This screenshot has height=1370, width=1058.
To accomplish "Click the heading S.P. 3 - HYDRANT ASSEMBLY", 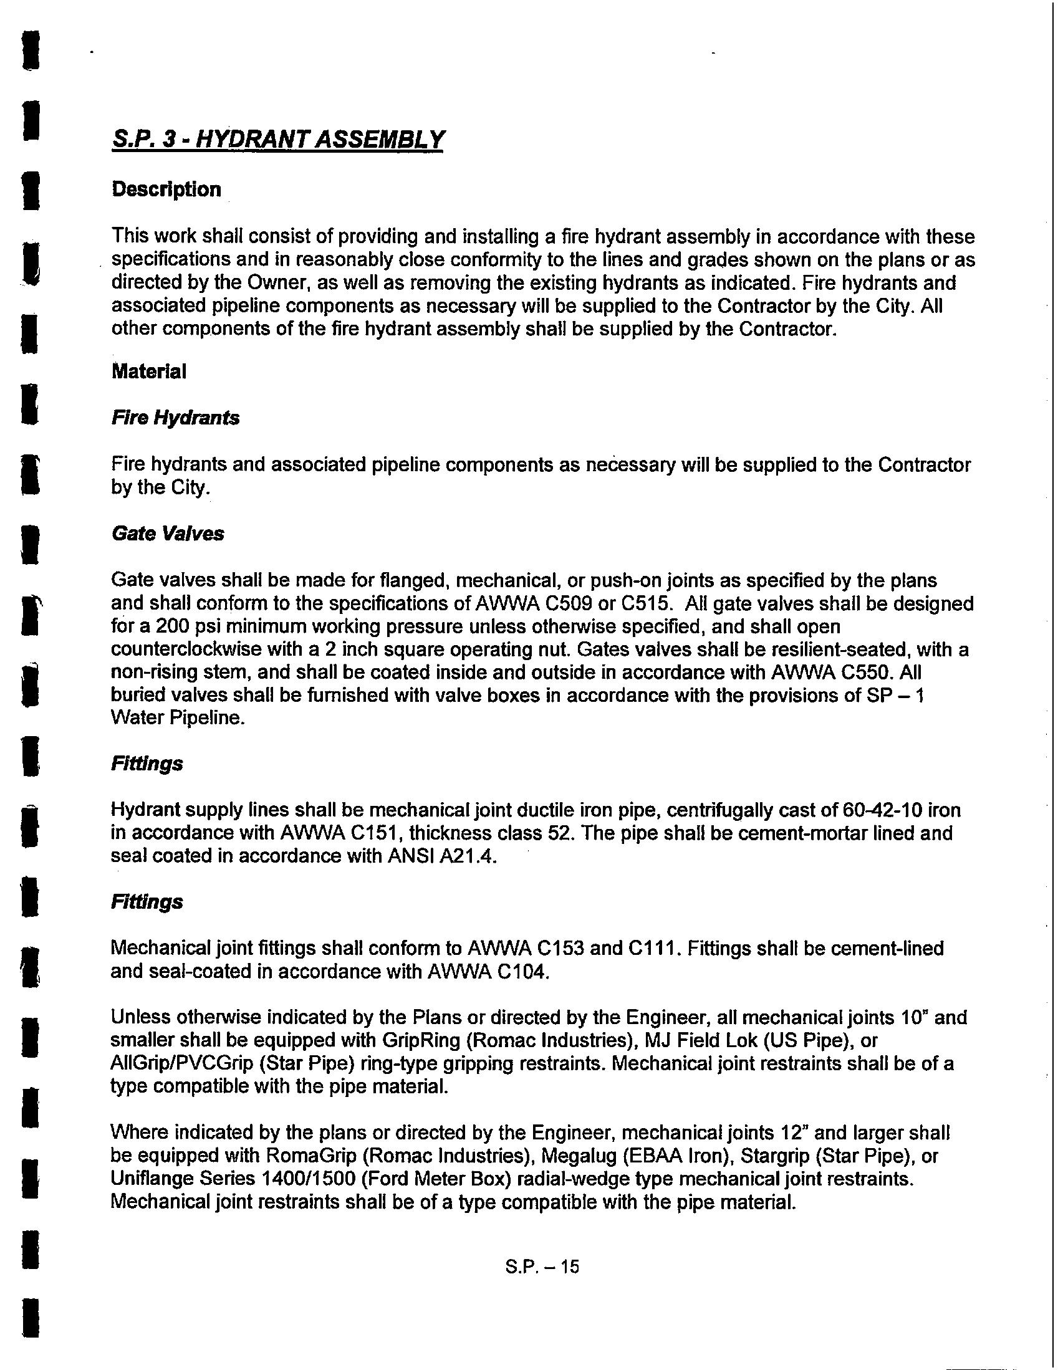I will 277,138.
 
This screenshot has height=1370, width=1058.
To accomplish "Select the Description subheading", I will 166,189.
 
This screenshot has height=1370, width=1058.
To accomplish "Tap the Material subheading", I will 149,371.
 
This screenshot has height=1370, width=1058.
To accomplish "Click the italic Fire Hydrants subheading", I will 175,418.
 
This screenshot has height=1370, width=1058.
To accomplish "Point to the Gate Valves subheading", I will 168,534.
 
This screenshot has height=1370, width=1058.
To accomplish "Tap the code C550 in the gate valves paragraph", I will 865,673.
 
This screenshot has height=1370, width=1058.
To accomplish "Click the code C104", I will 522,971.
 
